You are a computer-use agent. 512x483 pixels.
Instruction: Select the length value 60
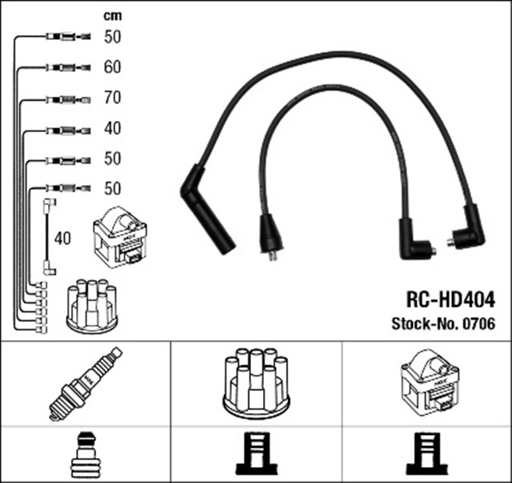point(112,67)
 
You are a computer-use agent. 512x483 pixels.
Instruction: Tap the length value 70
point(112,99)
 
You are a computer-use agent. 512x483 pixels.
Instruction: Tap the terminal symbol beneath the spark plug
point(84,454)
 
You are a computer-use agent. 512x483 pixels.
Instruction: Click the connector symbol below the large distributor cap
point(256,454)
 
